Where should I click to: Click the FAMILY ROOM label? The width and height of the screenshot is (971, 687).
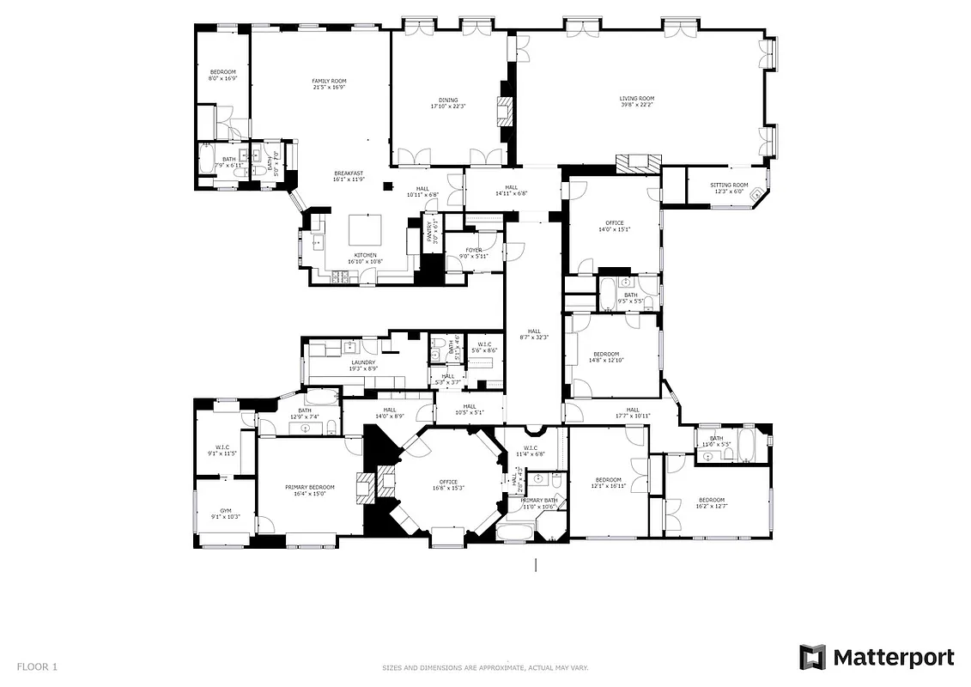(329, 81)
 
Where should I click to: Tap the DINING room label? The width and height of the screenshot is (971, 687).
(447, 100)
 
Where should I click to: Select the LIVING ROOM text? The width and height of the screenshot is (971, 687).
(637, 99)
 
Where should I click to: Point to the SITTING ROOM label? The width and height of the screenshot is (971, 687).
(729, 185)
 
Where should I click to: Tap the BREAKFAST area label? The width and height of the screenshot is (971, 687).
(349, 173)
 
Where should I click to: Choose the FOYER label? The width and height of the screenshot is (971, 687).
(474, 250)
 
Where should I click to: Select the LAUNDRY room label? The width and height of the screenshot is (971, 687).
(363, 362)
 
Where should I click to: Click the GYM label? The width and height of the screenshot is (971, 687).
(226, 511)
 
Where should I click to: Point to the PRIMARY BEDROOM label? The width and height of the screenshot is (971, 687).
(310, 487)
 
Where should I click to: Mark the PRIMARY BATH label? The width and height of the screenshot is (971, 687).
(539, 500)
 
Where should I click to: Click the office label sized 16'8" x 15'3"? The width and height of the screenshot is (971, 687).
(448, 482)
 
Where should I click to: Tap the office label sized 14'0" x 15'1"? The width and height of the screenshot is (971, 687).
(614, 223)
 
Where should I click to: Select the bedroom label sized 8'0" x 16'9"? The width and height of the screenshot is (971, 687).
(222, 72)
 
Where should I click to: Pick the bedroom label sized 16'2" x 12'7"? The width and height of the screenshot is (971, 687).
(711, 500)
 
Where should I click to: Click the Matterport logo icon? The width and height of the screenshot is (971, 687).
(812, 658)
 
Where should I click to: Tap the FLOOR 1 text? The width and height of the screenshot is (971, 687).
(37, 666)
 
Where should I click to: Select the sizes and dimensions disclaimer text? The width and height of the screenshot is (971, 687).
(484, 668)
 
